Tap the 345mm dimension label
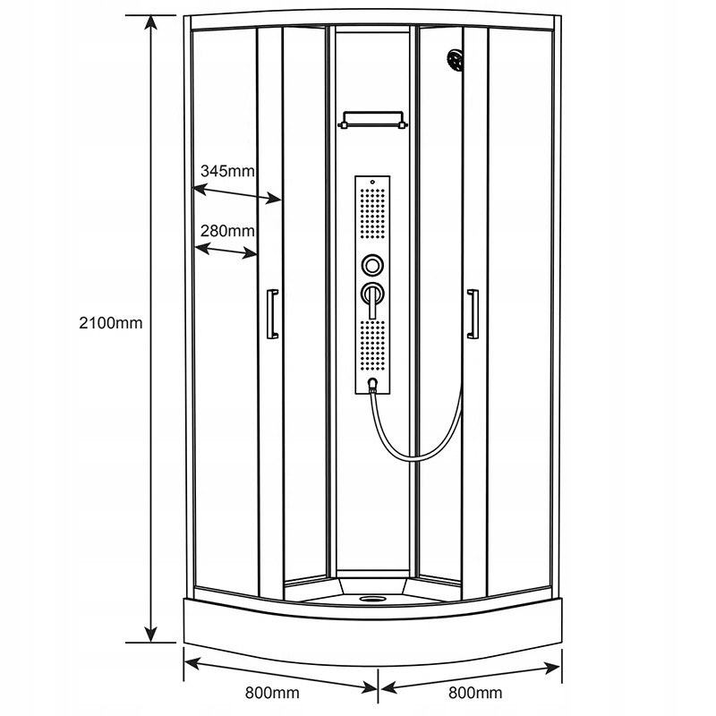[x=227, y=170]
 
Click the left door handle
[x=272, y=314]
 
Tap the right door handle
[x=473, y=314]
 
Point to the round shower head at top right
[x=456, y=61]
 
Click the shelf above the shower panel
[x=372, y=118]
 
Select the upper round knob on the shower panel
[x=372, y=265]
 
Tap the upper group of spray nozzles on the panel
[x=372, y=216]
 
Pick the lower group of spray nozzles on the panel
[x=372, y=349]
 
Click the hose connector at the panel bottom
[x=373, y=387]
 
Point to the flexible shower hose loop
[x=421, y=447]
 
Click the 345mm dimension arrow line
[x=238, y=193]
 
